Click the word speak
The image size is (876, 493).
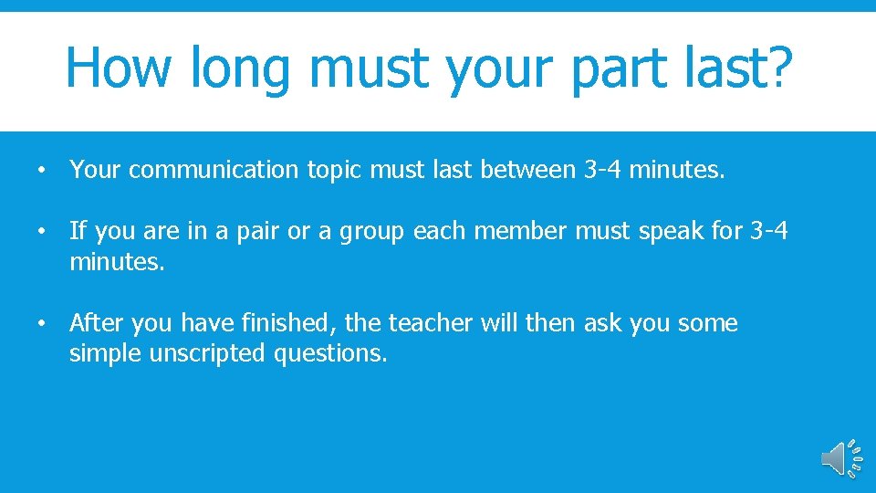click(x=671, y=232)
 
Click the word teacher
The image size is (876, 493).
click(x=433, y=323)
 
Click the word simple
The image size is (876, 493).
click(x=99, y=353)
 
